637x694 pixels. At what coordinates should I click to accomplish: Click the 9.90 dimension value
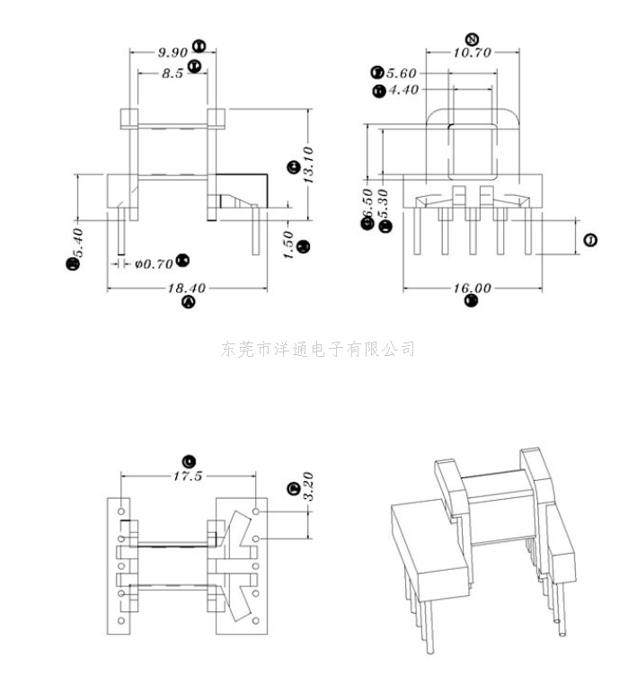click(171, 52)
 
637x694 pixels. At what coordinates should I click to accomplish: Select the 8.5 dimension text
click(173, 75)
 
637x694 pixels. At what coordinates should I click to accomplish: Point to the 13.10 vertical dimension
click(308, 165)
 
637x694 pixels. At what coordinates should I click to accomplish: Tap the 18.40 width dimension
click(187, 289)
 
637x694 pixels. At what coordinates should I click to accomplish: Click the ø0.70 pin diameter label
click(154, 264)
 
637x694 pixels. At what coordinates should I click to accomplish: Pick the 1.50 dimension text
click(288, 245)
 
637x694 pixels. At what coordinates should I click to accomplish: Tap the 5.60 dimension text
click(403, 73)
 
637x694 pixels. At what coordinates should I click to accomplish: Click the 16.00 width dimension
click(472, 289)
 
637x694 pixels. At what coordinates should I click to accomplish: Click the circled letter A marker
click(189, 303)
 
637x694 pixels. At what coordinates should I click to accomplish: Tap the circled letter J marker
click(589, 240)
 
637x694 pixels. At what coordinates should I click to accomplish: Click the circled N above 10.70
click(473, 39)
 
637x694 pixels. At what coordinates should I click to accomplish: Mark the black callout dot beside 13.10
click(292, 166)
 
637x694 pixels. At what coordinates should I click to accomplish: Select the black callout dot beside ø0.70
click(182, 260)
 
